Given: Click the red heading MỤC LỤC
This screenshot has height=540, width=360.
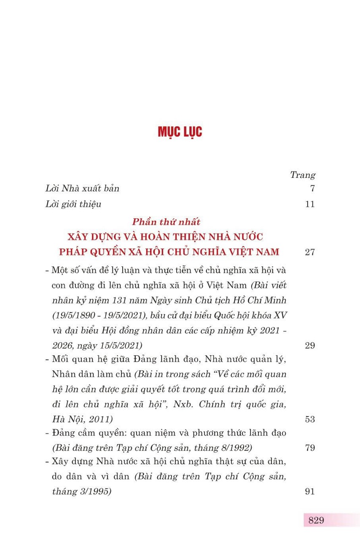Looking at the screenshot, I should point(180,132).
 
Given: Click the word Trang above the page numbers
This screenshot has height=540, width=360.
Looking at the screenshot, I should point(303,175).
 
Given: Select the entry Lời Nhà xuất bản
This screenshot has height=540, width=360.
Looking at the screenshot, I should point(82,188).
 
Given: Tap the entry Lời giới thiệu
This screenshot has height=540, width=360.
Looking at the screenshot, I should point(73,204).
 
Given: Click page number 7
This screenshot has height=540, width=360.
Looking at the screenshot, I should point(312,189).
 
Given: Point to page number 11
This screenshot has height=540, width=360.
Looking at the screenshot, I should point(310,204).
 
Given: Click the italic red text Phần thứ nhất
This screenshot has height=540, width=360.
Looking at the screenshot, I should point(167,222).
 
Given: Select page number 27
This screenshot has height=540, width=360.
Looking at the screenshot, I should point(309,252).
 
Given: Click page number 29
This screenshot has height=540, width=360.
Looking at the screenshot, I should point(309,346).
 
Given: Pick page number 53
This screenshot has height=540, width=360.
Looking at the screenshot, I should point(309,419).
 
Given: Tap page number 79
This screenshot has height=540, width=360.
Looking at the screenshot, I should point(309,448).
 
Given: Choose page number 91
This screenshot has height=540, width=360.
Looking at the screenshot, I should point(309,491).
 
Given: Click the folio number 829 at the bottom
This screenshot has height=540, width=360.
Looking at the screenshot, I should point(316,520).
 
